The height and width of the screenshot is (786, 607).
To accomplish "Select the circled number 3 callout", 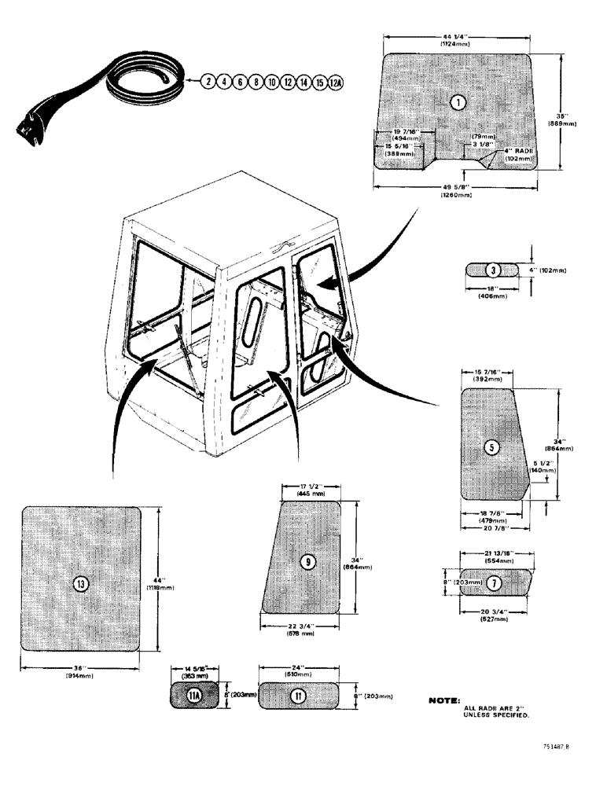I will click(492, 270).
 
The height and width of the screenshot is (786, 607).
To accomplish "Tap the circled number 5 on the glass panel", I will click(491, 447).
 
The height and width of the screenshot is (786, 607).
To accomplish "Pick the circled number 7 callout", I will click(493, 583).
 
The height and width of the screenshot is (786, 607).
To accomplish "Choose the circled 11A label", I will click(195, 695).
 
